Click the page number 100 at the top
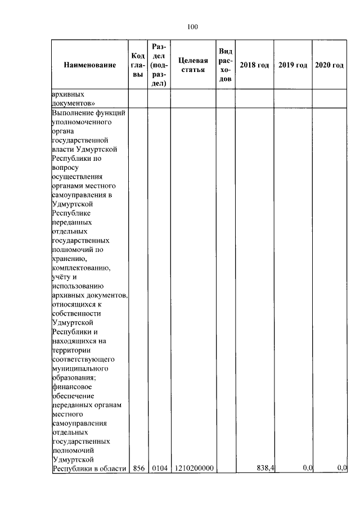tap(190, 26)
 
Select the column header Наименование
tap(90, 65)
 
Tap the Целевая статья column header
tap(192, 65)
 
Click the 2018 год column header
tap(254, 65)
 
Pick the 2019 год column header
tap(292, 65)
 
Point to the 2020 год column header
tap(329, 65)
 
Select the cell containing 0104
tap(159, 468)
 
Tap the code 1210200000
tap(193, 468)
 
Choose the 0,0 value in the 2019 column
tap(307, 468)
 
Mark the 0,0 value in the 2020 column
tap(341, 468)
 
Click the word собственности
tap(76, 313)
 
